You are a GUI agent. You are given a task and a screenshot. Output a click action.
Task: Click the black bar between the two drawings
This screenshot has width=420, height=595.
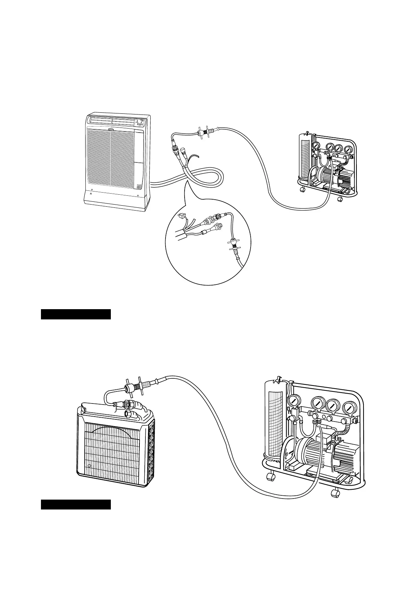click(76, 314)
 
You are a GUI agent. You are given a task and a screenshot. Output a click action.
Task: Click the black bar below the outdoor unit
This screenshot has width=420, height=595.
click(76, 504)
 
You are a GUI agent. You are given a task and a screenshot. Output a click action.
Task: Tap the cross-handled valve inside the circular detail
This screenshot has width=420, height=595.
click(233, 244)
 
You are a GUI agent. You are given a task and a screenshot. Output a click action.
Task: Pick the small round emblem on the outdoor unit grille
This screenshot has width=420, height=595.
click(89, 466)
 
